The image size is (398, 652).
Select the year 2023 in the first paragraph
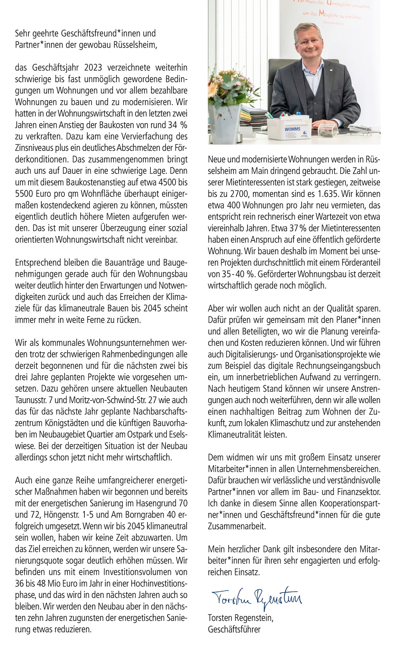(x=93, y=68)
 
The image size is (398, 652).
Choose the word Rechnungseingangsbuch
(x=338, y=366)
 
